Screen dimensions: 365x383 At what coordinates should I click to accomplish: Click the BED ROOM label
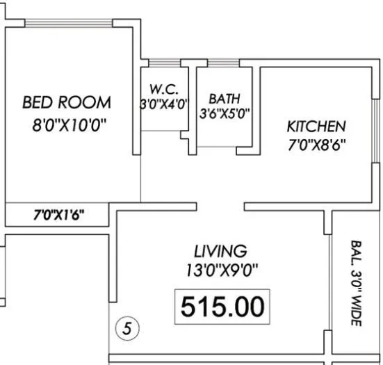[67, 103]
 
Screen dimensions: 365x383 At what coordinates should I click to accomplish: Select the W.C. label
[165, 89]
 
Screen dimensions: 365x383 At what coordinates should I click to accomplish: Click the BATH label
[224, 99]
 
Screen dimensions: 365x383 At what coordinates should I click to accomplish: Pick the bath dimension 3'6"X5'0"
[224, 113]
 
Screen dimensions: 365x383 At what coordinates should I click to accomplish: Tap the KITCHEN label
[316, 127]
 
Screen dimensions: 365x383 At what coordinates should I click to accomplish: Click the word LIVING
[220, 250]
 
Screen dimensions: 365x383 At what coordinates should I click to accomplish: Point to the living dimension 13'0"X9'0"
[220, 268]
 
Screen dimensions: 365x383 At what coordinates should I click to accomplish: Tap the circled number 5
[127, 327]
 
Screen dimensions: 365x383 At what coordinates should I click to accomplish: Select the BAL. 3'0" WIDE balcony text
[355, 285]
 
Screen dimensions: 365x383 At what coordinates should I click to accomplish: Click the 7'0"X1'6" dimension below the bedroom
[59, 215]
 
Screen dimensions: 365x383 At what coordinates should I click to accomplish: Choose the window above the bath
[224, 65]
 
